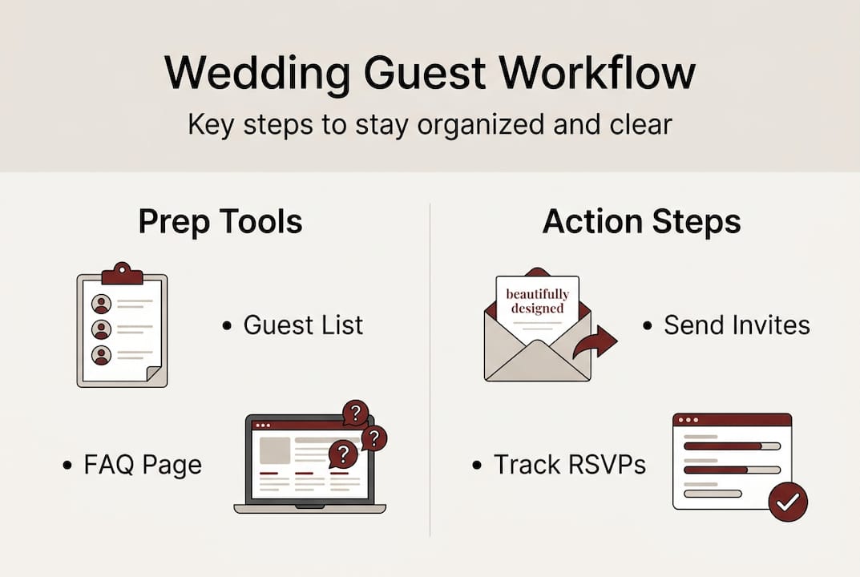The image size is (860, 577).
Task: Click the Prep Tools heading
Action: (x=220, y=221)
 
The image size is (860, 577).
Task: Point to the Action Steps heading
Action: (x=641, y=221)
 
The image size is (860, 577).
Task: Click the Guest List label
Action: (x=303, y=325)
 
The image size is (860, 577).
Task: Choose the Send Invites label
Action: (x=736, y=325)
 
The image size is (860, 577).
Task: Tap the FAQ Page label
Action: (x=143, y=465)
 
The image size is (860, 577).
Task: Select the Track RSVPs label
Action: (x=569, y=465)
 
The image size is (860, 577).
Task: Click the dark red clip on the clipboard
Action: (x=122, y=274)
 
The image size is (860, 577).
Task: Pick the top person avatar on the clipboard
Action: (x=101, y=304)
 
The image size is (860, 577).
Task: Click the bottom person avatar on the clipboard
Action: (x=101, y=354)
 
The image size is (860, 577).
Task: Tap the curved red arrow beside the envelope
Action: (x=596, y=343)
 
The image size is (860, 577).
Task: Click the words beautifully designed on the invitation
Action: (x=537, y=301)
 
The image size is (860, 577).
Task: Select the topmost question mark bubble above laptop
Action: (x=355, y=414)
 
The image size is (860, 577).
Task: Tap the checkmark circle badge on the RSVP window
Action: (x=788, y=502)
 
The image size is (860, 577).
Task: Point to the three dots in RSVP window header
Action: (x=688, y=420)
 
